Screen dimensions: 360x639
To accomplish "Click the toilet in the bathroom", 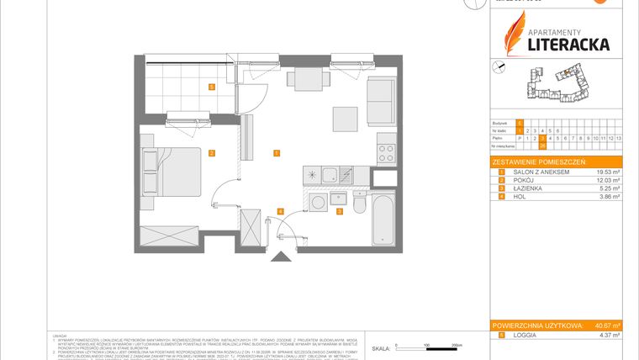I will [x=358, y=204].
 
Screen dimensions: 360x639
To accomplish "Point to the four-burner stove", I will [x=386, y=153].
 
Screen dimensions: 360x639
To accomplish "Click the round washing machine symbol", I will [x=318, y=204].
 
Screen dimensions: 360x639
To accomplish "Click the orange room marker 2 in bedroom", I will [x=212, y=152].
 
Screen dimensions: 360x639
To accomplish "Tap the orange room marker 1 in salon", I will [x=275, y=152].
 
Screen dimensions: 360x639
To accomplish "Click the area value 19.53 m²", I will [x=605, y=172].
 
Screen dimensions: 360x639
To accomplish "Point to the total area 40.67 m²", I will [x=605, y=326].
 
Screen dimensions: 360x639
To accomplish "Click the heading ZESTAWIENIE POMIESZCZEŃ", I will [x=538, y=161].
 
